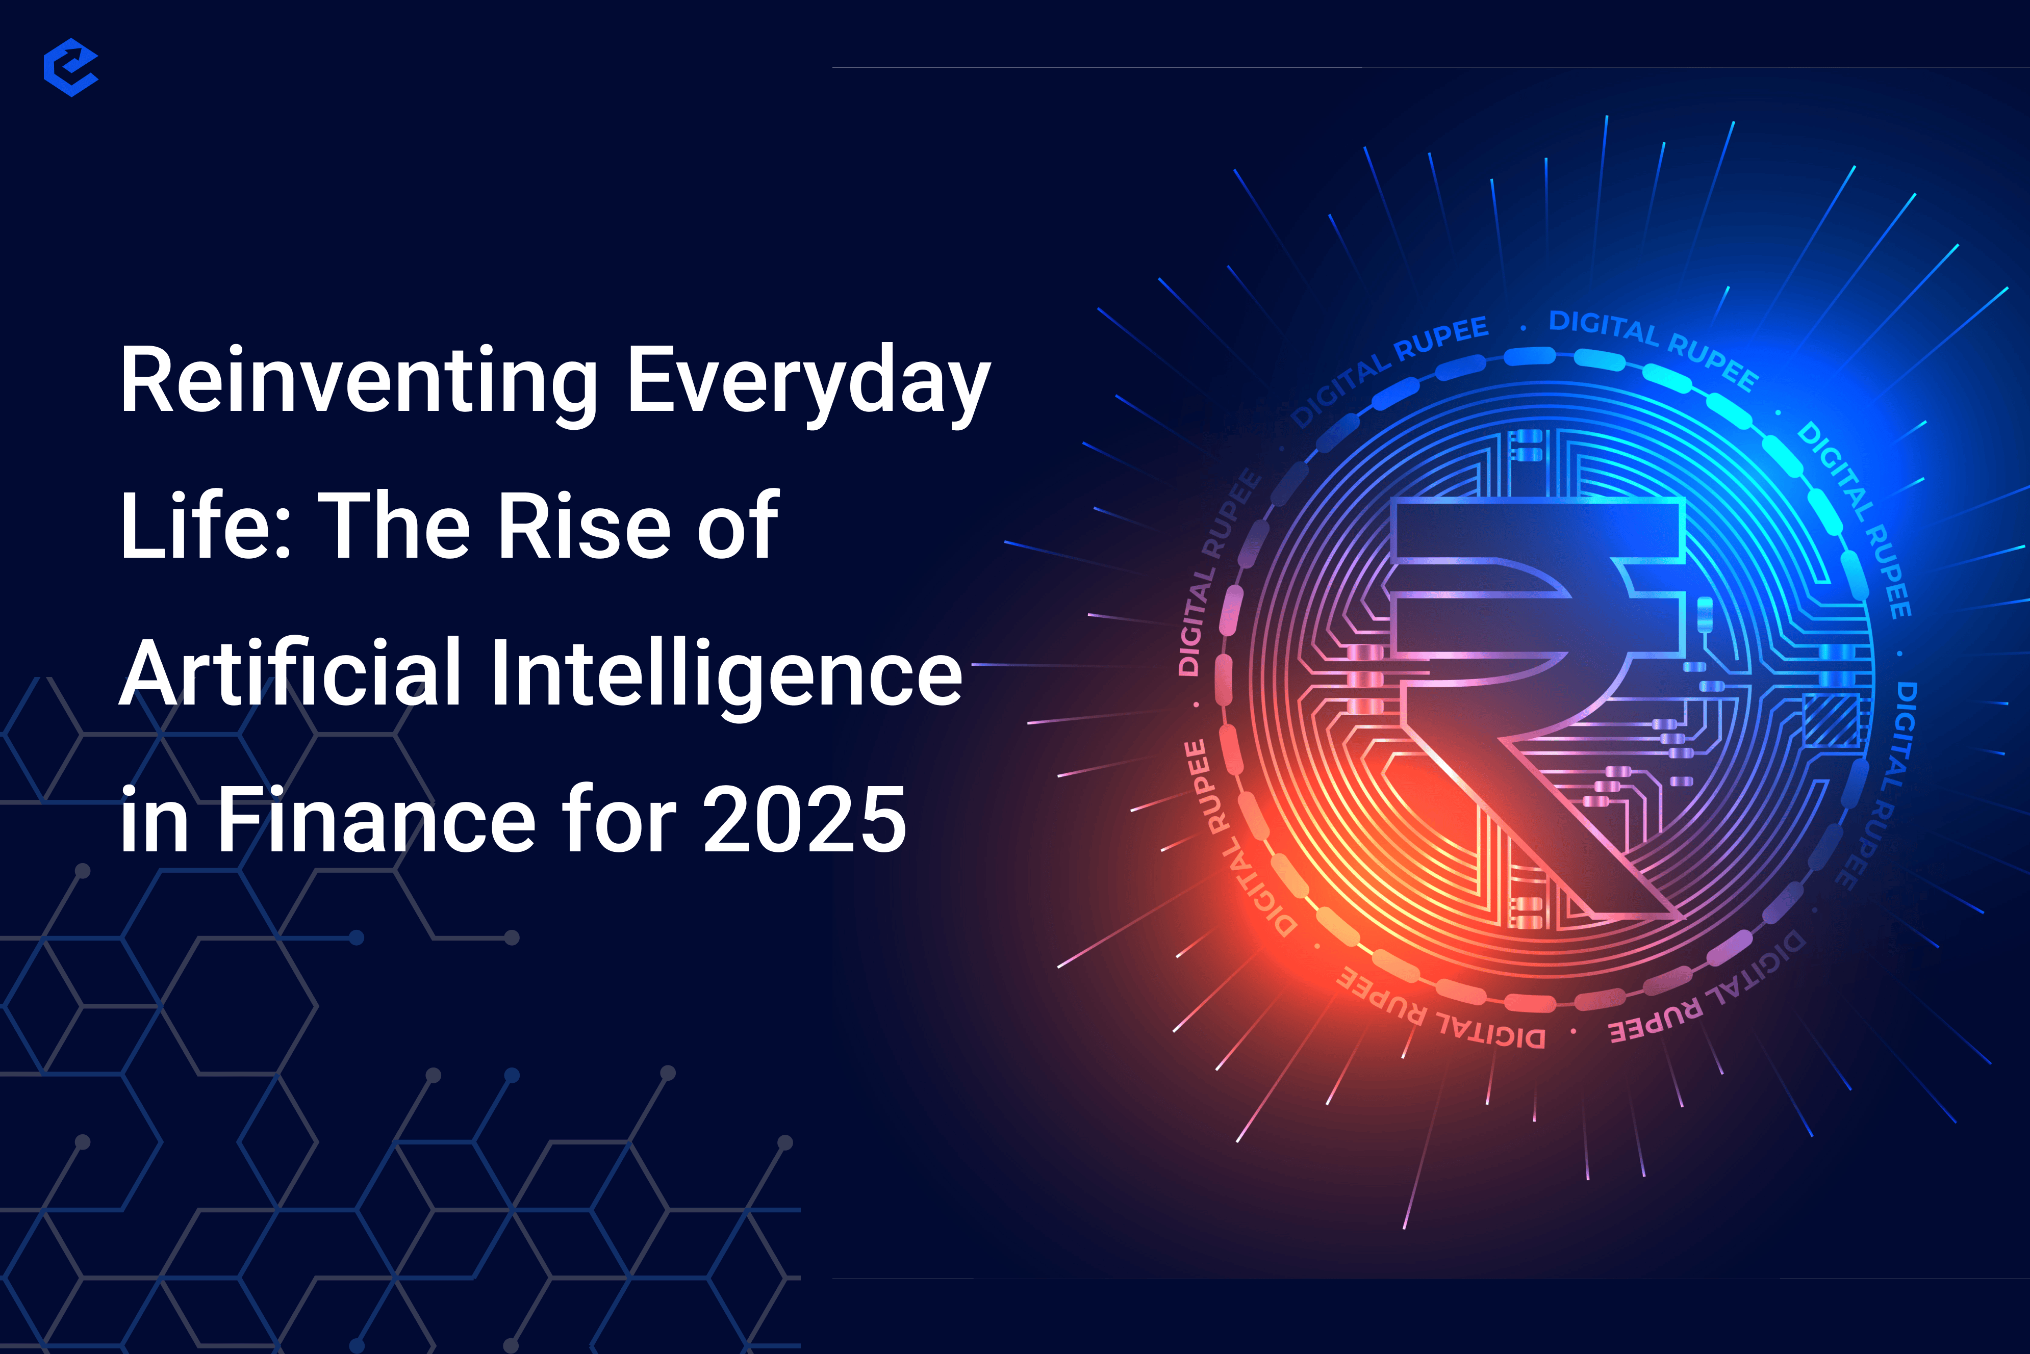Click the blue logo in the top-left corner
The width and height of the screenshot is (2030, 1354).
pos(71,67)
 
